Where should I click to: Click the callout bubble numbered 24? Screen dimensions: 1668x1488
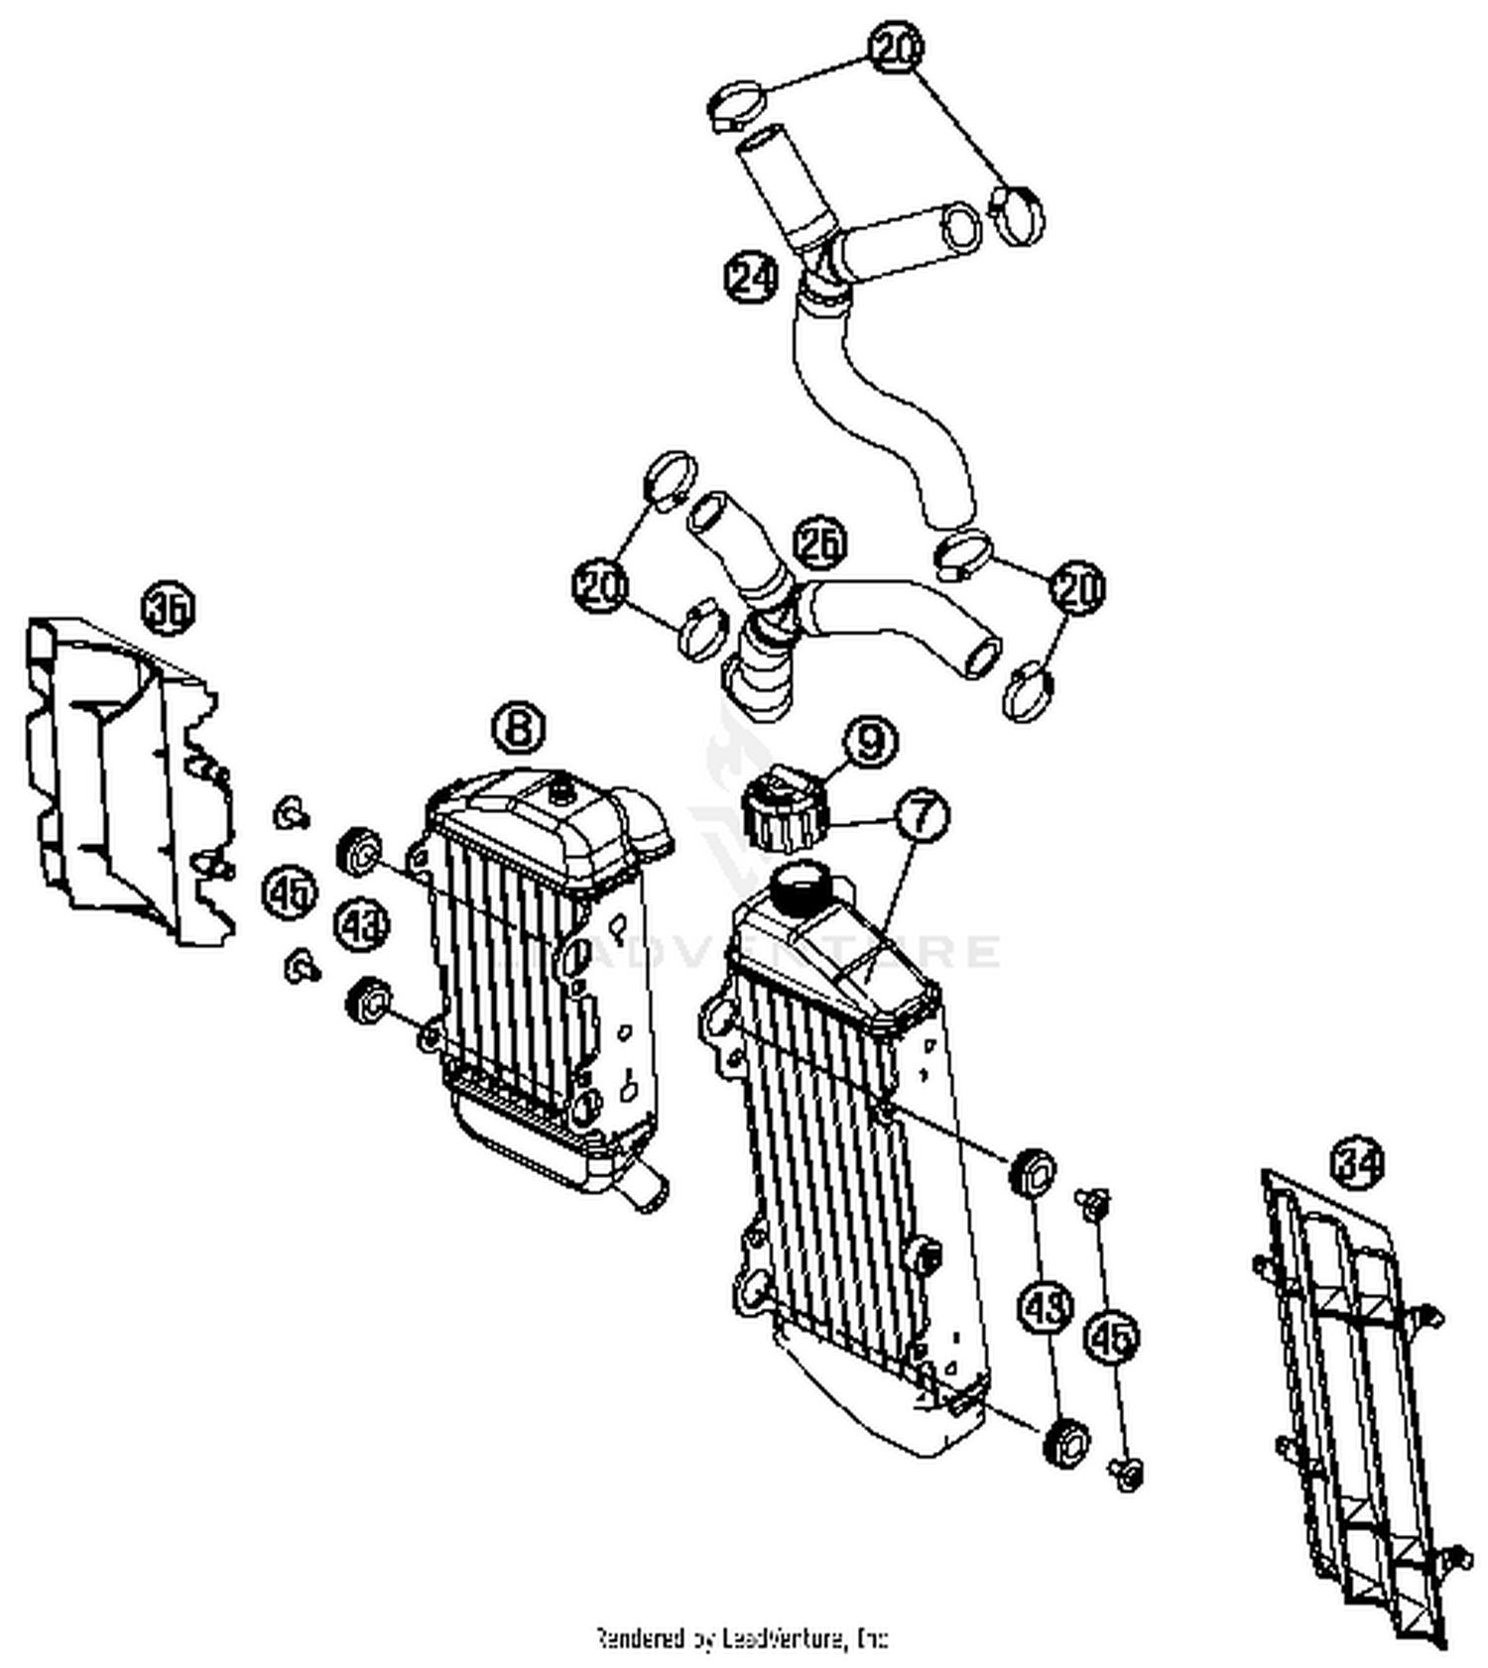click(x=751, y=278)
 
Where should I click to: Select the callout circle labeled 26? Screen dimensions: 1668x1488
click(x=820, y=541)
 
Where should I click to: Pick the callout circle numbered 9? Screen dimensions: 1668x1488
click(x=870, y=741)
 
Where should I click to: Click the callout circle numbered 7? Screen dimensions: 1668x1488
click(x=922, y=815)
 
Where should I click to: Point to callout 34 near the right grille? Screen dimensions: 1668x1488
click(x=1357, y=1162)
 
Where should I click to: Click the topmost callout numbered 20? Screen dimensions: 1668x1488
click(x=897, y=47)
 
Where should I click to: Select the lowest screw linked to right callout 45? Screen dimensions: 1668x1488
click(x=1128, y=1473)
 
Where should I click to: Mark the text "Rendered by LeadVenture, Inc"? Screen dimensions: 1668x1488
click(x=741, y=1637)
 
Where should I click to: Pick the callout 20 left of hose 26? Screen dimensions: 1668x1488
click(x=600, y=585)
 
